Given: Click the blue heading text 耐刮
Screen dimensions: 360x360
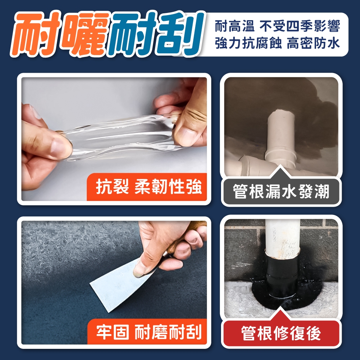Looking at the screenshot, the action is (155, 33).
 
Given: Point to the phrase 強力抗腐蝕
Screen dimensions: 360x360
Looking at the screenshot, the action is (248, 43).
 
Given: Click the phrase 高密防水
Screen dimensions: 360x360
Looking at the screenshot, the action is (313, 43).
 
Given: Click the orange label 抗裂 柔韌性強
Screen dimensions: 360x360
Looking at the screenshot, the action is (149, 186).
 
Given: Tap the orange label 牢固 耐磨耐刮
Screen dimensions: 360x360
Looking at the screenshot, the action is (149, 332).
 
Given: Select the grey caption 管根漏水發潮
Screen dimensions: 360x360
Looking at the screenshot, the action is (281, 191).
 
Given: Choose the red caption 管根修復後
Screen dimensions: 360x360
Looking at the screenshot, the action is (281, 333).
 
